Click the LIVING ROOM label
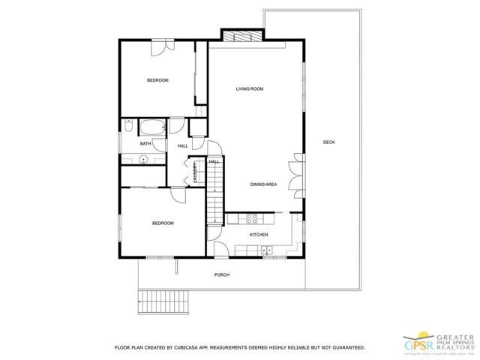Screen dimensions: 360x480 250,89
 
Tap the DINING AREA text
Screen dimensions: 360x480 264,184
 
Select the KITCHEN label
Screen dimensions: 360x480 259,235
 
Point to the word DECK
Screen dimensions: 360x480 328,142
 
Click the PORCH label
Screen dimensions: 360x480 222,275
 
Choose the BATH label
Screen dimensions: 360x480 145,144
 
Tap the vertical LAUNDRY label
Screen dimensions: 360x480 196,172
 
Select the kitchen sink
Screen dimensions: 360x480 266,250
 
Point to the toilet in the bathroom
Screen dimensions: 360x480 129,125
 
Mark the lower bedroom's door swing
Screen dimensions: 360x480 178,194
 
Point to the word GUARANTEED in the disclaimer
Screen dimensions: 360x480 346,348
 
